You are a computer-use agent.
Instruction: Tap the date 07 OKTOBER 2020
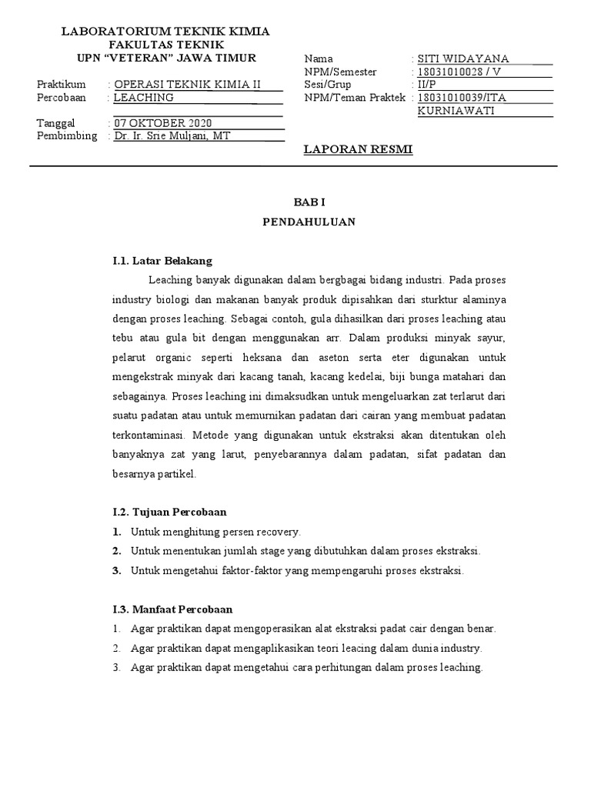click(163, 123)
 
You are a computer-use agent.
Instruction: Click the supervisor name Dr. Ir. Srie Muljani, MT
click(172, 136)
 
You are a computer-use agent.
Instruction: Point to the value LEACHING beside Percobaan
click(144, 98)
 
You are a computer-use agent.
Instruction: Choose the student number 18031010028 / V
click(456, 72)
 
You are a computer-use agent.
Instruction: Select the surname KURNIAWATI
click(456, 111)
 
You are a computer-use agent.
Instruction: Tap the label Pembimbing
click(67, 136)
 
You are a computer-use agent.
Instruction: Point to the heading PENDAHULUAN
click(308, 222)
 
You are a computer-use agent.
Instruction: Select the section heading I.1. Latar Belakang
click(162, 261)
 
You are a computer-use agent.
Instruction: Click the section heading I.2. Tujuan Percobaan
click(169, 512)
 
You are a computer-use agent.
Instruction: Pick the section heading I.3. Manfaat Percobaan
click(172, 609)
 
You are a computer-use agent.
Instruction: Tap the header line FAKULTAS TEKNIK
click(165, 45)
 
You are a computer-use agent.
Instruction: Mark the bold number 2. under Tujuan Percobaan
click(116, 551)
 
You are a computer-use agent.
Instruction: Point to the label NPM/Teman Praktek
click(354, 98)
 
